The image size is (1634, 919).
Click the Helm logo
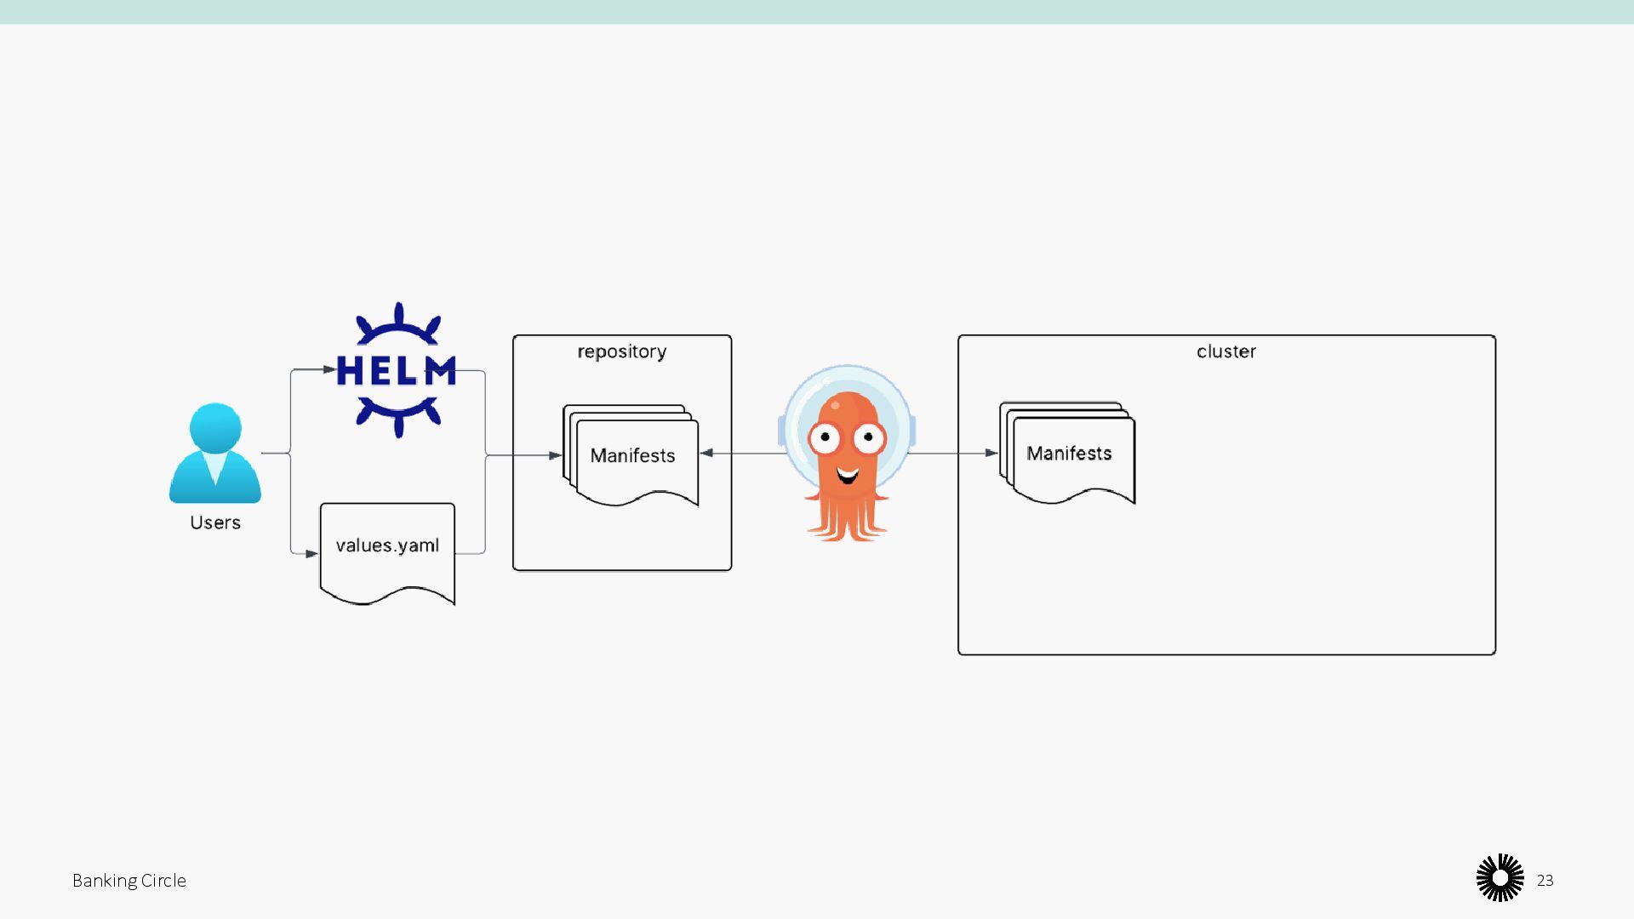(x=397, y=371)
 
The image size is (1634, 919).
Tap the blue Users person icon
(x=215, y=454)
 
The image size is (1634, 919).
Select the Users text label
(x=215, y=522)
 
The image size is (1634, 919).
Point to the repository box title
(x=621, y=351)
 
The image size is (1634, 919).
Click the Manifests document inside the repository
(x=632, y=456)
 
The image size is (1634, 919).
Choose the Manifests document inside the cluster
(x=1068, y=454)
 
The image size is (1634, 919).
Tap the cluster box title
(x=1225, y=351)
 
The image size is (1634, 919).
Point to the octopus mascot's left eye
(x=825, y=438)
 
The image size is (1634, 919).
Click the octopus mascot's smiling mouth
(x=847, y=475)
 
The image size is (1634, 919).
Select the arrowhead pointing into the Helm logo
(x=329, y=369)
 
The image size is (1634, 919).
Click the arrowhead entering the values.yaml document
(x=311, y=554)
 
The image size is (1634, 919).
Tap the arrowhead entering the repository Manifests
(x=555, y=455)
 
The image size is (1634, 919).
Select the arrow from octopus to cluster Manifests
(x=953, y=454)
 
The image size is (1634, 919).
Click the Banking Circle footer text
(x=129, y=881)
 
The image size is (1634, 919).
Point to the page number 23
(x=1545, y=881)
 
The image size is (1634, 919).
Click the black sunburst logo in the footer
(x=1500, y=878)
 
